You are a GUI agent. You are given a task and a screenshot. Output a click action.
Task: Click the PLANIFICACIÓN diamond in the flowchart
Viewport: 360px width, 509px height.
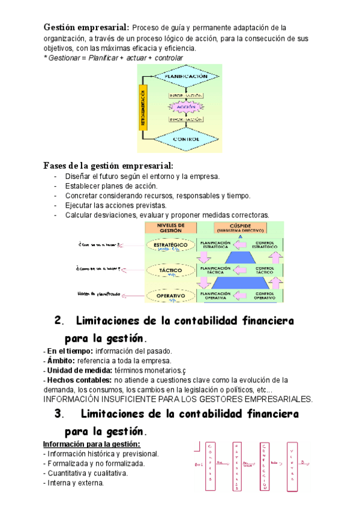tap(185, 77)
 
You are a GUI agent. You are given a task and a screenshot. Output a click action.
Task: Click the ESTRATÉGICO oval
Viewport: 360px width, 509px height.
tap(170, 245)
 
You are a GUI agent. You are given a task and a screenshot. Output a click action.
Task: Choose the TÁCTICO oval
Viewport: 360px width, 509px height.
tap(170, 271)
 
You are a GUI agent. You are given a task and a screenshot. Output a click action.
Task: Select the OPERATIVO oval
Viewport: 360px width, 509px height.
tap(170, 295)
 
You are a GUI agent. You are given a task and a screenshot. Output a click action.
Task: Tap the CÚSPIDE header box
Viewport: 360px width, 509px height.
tap(247, 227)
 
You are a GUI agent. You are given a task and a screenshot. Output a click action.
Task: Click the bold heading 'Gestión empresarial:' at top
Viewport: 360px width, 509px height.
tap(86, 27)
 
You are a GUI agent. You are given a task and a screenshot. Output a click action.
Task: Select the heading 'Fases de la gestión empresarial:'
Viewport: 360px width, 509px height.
tap(109, 165)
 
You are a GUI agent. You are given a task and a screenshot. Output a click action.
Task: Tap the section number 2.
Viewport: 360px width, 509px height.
tap(58, 321)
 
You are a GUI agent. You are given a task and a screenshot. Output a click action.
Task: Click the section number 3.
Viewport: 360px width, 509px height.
tap(58, 414)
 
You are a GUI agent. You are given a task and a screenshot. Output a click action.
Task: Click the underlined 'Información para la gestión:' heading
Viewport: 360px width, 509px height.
tap(91, 444)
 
